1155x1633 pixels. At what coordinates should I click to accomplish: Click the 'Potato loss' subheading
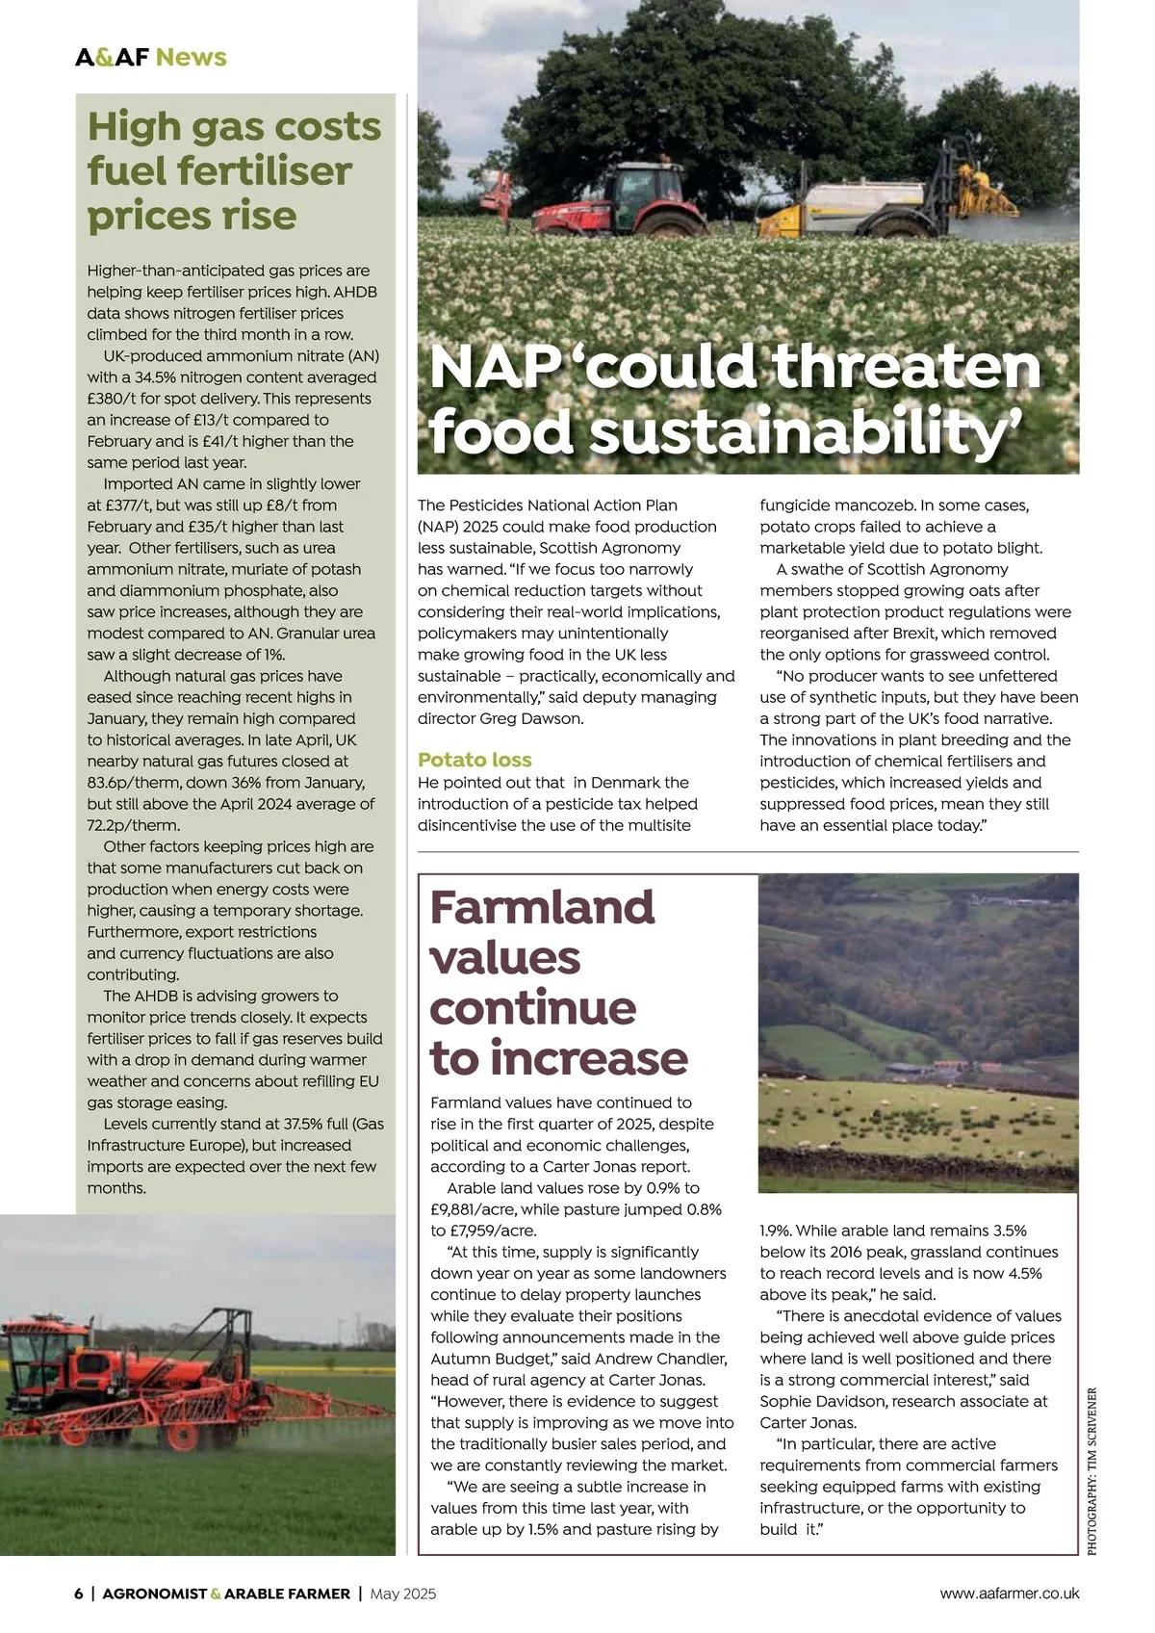click(475, 760)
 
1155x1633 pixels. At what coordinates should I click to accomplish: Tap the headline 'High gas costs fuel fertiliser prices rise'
click(234, 170)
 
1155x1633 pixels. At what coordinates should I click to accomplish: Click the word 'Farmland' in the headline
click(542, 907)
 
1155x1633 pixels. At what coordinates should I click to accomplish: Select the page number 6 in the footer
click(79, 1594)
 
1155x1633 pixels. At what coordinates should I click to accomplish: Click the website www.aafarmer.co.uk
click(1009, 1594)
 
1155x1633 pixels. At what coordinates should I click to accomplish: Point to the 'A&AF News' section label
click(151, 57)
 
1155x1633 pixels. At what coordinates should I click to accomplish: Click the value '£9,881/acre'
click(476, 1209)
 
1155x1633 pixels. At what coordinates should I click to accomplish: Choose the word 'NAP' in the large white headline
click(496, 368)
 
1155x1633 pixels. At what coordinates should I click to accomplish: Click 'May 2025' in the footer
click(402, 1594)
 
